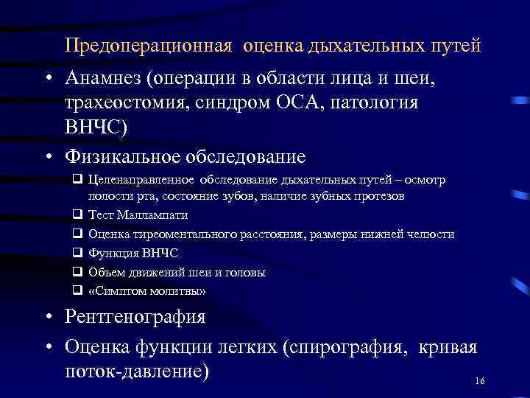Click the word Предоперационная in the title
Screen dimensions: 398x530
coord(149,46)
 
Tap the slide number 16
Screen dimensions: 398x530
coord(480,380)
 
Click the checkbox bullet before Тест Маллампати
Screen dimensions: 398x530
coord(77,215)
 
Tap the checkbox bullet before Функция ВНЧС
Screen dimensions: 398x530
coord(77,254)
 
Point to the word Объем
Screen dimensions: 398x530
coord(104,273)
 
